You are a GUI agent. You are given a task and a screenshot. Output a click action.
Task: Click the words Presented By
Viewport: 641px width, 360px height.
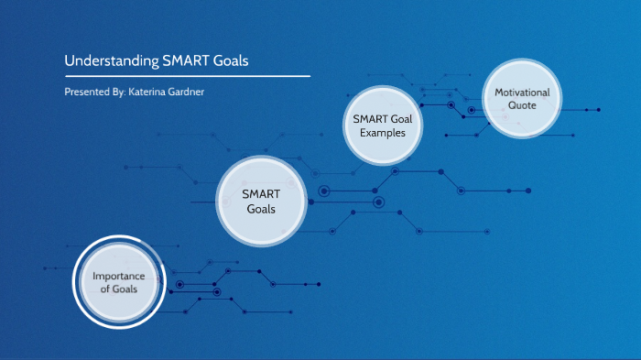pyautogui.click(x=93, y=93)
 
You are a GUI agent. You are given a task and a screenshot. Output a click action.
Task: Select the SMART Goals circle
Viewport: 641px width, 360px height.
pyautogui.click(x=260, y=202)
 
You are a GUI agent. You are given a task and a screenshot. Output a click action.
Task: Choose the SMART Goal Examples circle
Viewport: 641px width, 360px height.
pyautogui.click(x=382, y=125)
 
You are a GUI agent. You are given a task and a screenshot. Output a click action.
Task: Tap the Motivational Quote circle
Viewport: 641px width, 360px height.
pyautogui.click(x=522, y=99)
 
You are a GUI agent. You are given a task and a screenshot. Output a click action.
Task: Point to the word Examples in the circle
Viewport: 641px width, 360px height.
pyautogui.click(x=382, y=133)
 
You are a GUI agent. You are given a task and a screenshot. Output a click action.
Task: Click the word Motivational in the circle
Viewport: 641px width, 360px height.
pyautogui.click(x=522, y=93)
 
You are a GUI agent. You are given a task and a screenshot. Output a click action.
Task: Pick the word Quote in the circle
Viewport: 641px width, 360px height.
pyautogui.click(x=522, y=106)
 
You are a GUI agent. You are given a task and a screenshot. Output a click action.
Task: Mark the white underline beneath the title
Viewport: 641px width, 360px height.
pyautogui.click(x=187, y=76)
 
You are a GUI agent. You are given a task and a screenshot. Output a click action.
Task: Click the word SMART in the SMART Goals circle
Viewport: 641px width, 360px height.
pyautogui.click(x=260, y=194)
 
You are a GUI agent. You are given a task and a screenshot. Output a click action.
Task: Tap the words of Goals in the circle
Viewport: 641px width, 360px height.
pyautogui.click(x=118, y=289)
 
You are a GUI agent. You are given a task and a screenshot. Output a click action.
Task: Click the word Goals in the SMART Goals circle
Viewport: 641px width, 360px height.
pyautogui.click(x=260, y=209)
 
